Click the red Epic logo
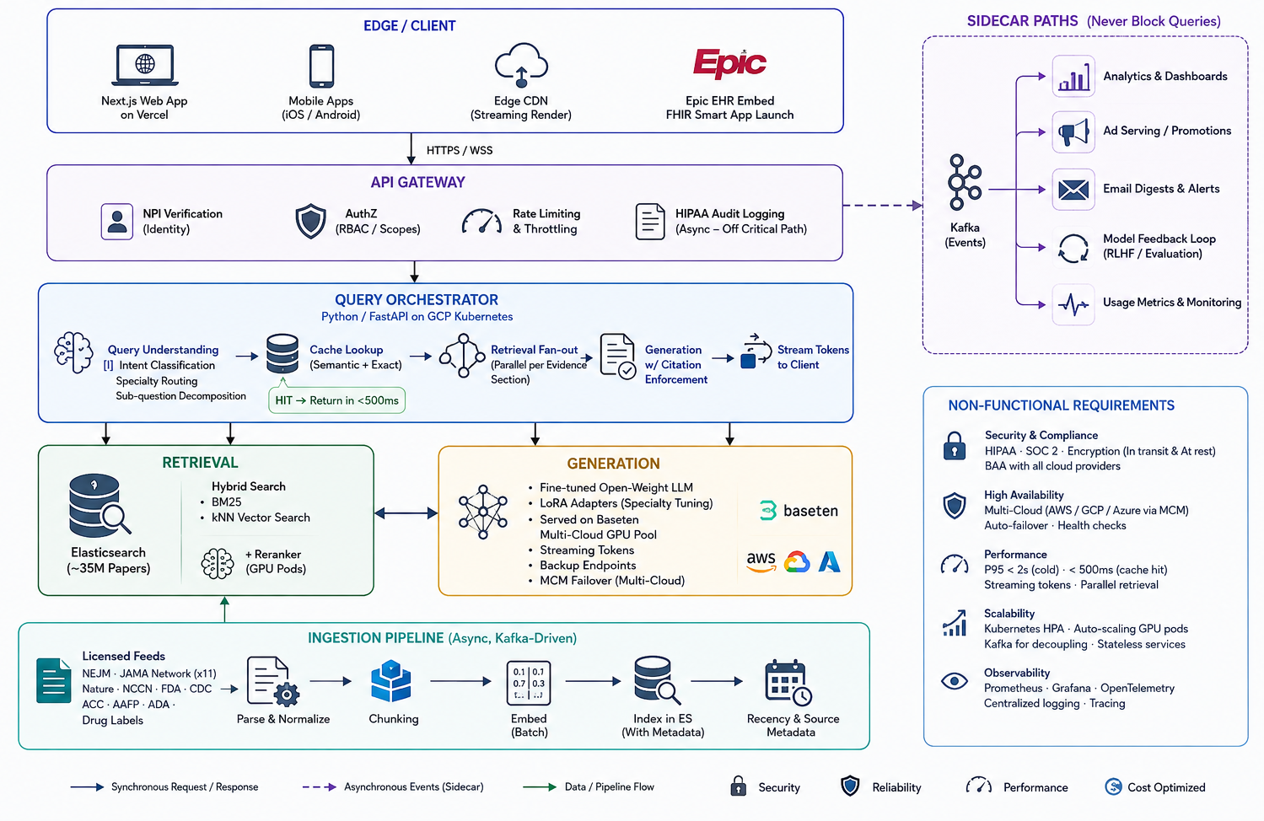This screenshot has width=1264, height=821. (729, 62)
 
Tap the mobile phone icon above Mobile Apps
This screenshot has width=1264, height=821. (321, 66)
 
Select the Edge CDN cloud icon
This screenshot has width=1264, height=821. (521, 65)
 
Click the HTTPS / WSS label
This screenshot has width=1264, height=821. (460, 151)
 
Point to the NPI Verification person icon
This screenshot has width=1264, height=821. (117, 222)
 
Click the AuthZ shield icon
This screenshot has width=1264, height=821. (311, 221)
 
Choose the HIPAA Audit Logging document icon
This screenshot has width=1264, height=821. (650, 222)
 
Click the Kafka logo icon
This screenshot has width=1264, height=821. (965, 182)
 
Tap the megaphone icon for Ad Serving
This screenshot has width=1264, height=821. (1073, 132)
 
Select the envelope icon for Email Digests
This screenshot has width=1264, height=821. (1073, 190)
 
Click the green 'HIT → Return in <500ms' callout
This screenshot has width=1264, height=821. (337, 400)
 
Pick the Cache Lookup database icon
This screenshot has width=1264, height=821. (282, 354)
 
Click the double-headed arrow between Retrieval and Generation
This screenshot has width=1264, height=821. (406, 512)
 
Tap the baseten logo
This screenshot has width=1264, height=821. (799, 511)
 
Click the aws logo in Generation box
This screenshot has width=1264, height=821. (761, 561)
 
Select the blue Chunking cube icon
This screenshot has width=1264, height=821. (391, 681)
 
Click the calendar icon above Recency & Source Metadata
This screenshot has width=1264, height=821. (788, 682)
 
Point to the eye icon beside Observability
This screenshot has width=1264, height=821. (955, 681)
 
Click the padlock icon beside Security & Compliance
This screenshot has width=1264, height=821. (955, 446)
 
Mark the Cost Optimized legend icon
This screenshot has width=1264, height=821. (1113, 786)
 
